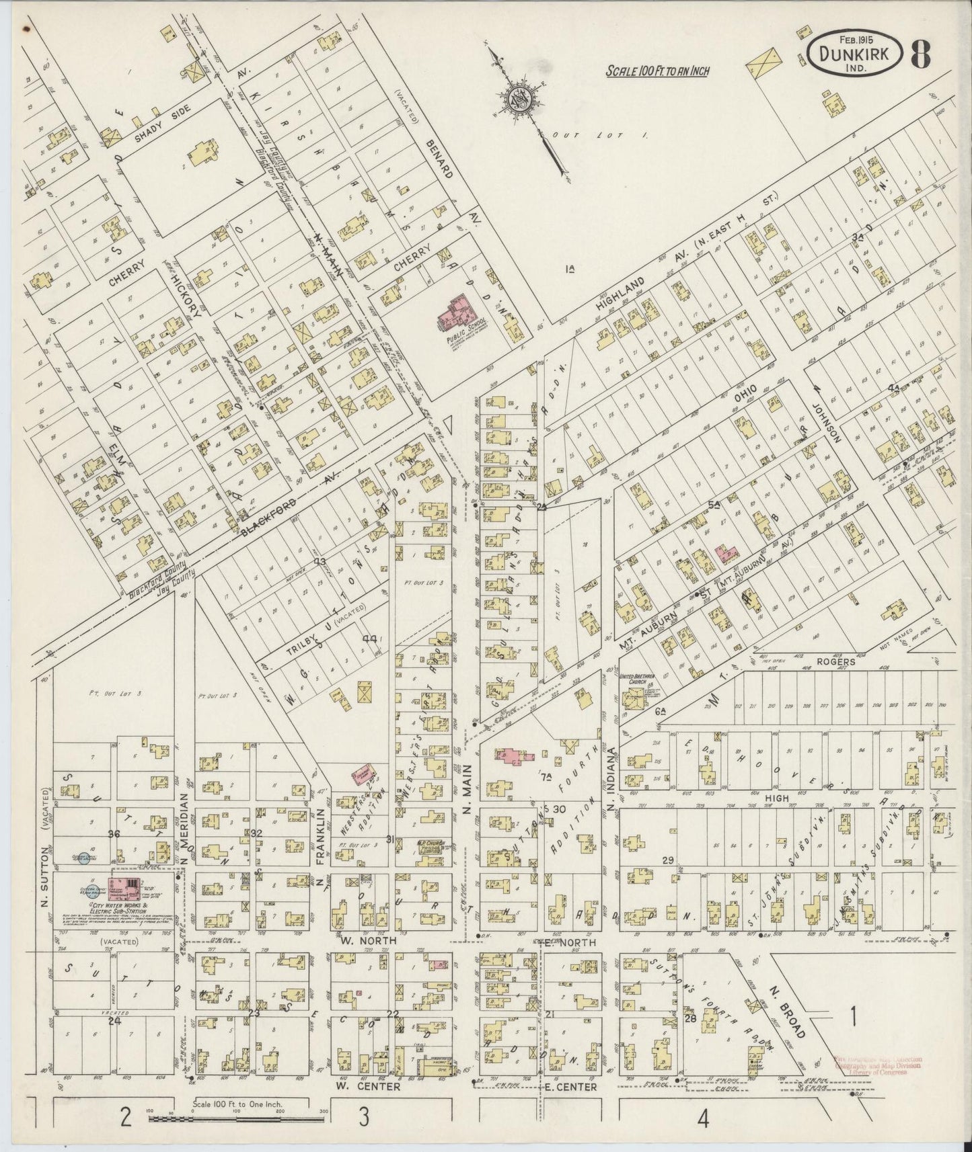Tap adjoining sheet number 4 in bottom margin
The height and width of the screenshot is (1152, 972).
coord(704,1119)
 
